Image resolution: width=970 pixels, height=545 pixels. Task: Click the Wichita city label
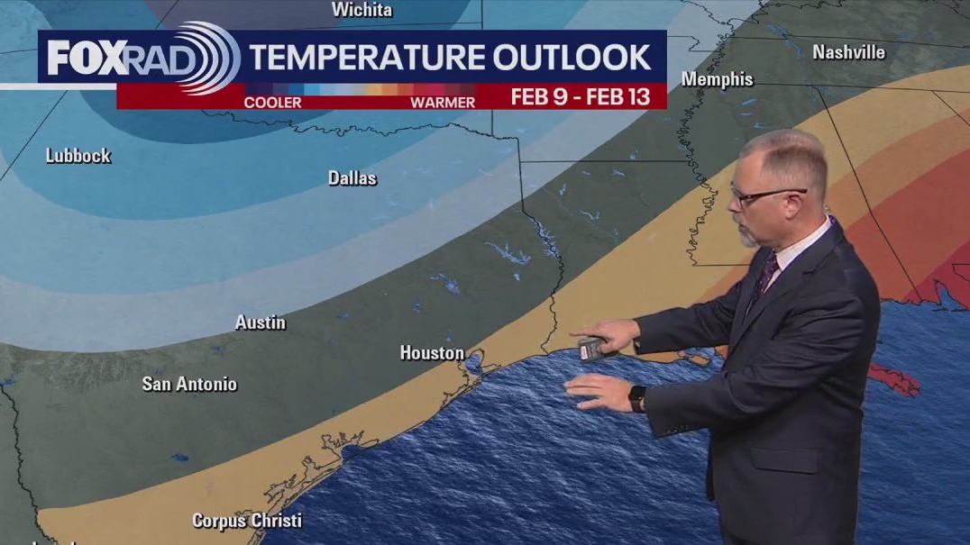tap(361, 10)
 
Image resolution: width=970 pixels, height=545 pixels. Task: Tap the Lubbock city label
tap(78, 156)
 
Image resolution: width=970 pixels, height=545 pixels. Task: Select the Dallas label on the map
tap(352, 178)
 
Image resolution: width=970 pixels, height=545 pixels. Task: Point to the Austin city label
tap(261, 322)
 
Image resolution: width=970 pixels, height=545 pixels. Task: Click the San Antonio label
tap(189, 384)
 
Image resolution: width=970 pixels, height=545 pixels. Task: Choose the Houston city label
tap(432, 353)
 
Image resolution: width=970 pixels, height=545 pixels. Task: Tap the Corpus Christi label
tap(246, 521)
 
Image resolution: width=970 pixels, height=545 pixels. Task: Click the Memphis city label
tap(717, 79)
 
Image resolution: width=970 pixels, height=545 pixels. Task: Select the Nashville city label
tap(848, 52)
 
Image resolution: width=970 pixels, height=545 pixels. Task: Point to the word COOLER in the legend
tap(272, 102)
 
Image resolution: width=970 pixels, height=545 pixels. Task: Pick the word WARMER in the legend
tap(442, 102)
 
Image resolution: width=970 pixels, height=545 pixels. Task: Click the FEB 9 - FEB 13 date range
tap(581, 97)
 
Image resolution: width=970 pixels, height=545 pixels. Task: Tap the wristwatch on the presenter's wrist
tap(637, 398)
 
